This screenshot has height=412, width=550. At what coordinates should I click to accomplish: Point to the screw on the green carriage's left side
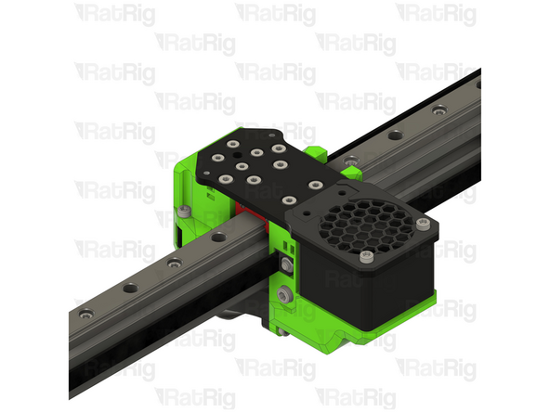tap(187, 214)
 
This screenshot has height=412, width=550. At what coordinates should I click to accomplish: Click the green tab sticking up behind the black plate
tap(316, 150)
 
